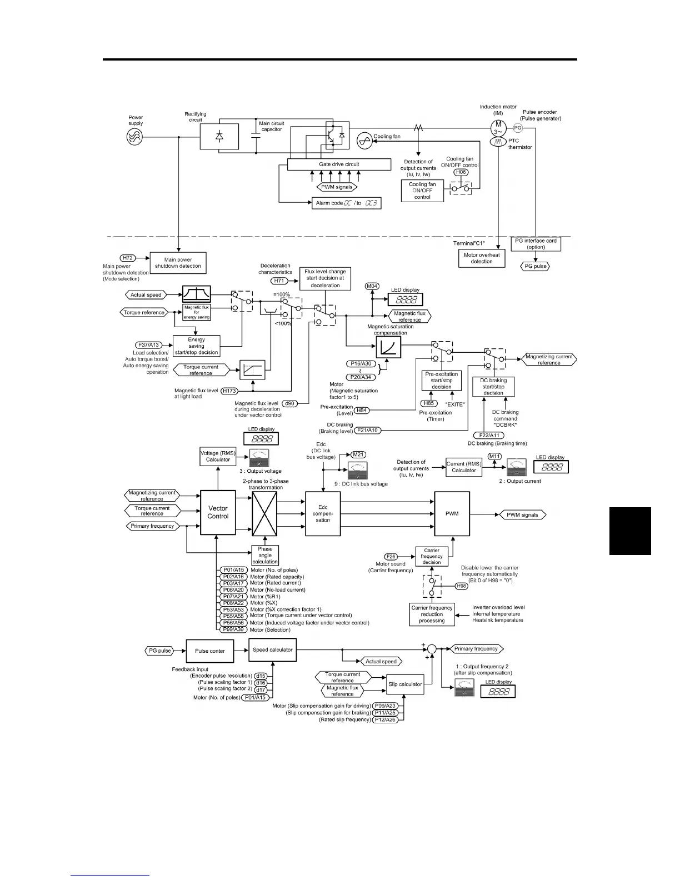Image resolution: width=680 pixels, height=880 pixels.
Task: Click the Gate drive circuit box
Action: (x=339, y=164)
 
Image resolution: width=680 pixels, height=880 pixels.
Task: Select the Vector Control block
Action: (x=218, y=512)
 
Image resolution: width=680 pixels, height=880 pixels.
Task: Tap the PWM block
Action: (x=452, y=513)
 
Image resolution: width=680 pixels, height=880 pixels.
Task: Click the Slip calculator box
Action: (x=405, y=684)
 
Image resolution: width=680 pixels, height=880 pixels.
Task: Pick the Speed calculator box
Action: (x=272, y=649)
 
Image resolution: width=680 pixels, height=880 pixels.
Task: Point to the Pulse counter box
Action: (x=209, y=651)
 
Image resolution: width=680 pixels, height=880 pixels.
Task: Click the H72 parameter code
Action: (x=128, y=258)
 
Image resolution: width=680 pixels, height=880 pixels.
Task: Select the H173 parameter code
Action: (x=229, y=391)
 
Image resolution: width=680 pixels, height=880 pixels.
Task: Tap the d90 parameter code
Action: (x=289, y=403)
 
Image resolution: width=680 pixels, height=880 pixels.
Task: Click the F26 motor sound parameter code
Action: (x=391, y=556)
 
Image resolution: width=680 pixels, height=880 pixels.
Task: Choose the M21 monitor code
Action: (x=359, y=454)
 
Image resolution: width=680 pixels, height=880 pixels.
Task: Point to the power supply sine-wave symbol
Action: (x=135, y=136)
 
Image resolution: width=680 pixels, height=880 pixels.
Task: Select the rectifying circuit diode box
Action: (x=219, y=136)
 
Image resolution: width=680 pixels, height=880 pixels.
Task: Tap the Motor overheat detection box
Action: (x=482, y=258)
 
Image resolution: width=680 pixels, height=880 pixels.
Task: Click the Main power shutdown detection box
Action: (x=178, y=263)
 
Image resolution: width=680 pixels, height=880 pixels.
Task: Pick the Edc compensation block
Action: (x=323, y=514)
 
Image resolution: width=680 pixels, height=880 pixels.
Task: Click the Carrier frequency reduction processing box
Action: (x=432, y=614)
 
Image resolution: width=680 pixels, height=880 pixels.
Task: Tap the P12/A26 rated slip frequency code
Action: (x=384, y=719)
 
